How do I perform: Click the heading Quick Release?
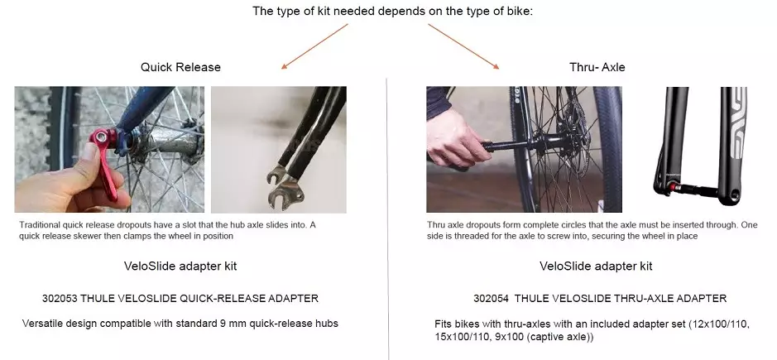pyautogui.click(x=180, y=67)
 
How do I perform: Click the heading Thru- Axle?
pyautogui.click(x=597, y=67)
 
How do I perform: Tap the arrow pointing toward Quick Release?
pyautogui.click(x=314, y=46)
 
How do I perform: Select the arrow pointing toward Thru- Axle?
pyautogui.click(x=464, y=46)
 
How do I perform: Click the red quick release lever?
pyautogui.click(x=104, y=159)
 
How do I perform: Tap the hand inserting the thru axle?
pyautogui.click(x=453, y=137)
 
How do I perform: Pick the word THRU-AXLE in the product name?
pyautogui.click(x=645, y=299)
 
